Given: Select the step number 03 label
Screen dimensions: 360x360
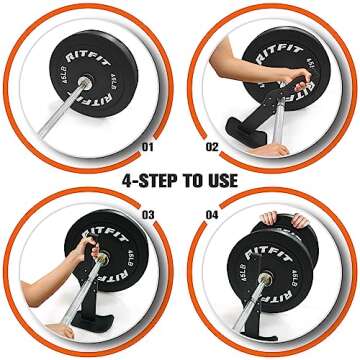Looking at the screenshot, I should pos(148,213).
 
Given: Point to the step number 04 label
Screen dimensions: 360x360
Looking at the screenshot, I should pos(212,213).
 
